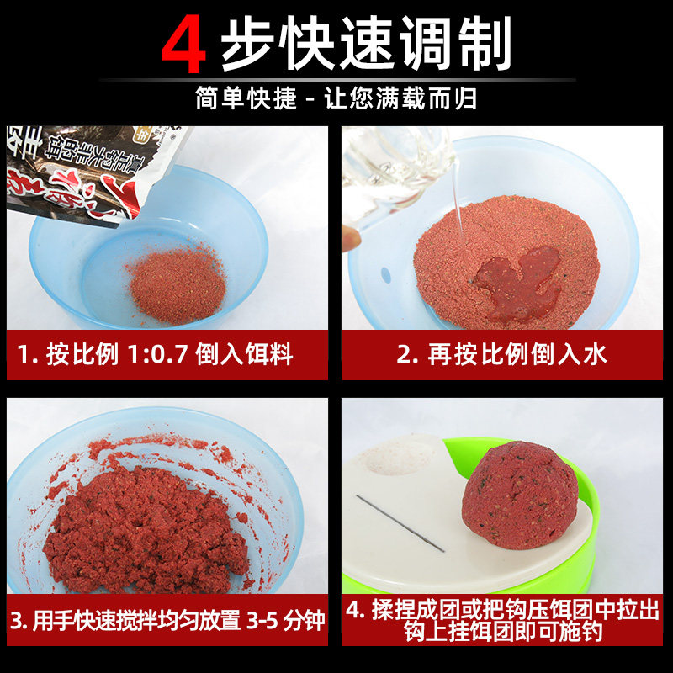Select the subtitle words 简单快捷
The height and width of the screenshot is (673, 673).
tap(246, 98)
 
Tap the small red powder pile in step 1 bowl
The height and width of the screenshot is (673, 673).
tap(176, 281)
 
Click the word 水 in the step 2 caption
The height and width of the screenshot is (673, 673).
tap(594, 354)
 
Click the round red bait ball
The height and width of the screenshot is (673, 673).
tap(522, 496)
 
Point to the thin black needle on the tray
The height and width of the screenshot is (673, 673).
tap(400, 522)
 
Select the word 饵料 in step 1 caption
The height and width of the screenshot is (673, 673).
tap(269, 354)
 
